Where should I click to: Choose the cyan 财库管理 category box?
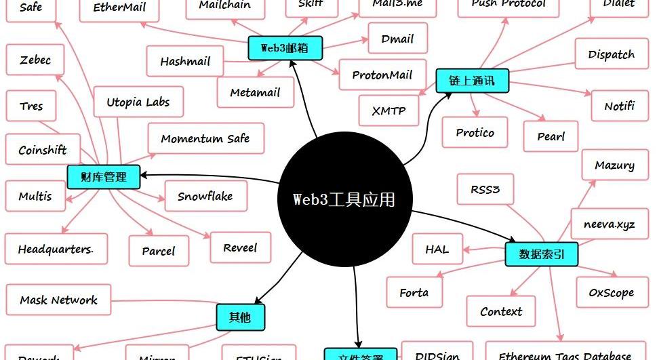pyautogui.click(x=104, y=177)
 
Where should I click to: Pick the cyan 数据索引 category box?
pyautogui.click(x=542, y=254)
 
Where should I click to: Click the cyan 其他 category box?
pyautogui.click(x=239, y=317)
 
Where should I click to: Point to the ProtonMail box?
pyautogui.click(x=382, y=75)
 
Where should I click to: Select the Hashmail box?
pyautogui.click(x=185, y=62)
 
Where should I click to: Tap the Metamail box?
pyautogui.click(x=255, y=92)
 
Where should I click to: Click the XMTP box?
pyautogui.click(x=389, y=111)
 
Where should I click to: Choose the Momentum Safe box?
pyautogui.click(x=205, y=139)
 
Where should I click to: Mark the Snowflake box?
pyautogui.click(x=205, y=197)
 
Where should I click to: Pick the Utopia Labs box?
pyautogui.click(x=138, y=102)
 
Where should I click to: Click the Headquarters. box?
pyautogui.click(x=56, y=249)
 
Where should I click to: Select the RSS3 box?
pyautogui.click(x=485, y=190)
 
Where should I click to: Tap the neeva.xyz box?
pyautogui.click(x=609, y=224)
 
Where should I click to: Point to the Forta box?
pyautogui.click(x=414, y=293)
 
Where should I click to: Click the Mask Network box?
pyautogui.click(x=58, y=300)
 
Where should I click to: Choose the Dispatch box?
pyautogui.click(x=611, y=55)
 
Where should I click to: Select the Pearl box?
pyautogui.click(x=551, y=136)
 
